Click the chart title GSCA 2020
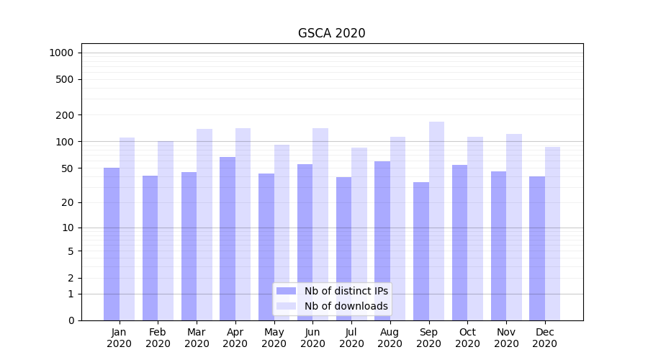(x=331, y=33)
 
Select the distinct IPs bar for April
(x=228, y=238)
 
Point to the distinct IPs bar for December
(x=537, y=248)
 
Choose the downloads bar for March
(x=204, y=225)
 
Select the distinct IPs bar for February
(x=150, y=248)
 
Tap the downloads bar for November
(x=514, y=227)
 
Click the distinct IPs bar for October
(x=460, y=242)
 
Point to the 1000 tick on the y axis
(x=61, y=53)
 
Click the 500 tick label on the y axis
(x=65, y=79)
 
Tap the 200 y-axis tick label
(x=65, y=115)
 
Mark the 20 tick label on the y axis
(x=68, y=202)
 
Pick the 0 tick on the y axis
(x=71, y=320)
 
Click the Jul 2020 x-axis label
(x=351, y=338)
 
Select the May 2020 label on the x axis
(x=274, y=338)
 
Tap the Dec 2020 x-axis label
(x=545, y=338)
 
